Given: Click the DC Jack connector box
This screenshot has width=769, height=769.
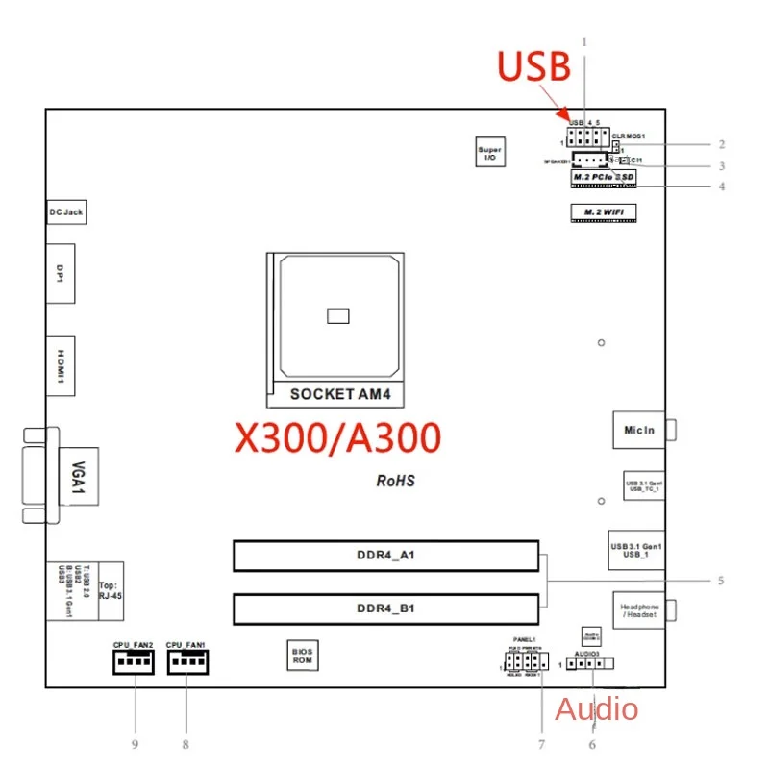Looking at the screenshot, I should (66, 211).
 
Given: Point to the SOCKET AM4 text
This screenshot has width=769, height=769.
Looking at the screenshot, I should (335, 393).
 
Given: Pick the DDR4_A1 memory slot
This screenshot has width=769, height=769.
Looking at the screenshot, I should (385, 556).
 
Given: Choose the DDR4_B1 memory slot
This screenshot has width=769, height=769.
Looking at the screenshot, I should (385, 608).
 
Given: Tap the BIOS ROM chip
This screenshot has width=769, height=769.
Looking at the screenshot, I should (303, 656).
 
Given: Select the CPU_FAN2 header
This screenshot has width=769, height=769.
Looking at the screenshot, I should (133, 660).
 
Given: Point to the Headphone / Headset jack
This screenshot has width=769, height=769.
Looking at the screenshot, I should (638, 610).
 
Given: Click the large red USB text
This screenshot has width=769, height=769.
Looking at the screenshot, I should (534, 66).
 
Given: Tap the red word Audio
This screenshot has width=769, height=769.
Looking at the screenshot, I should (596, 709).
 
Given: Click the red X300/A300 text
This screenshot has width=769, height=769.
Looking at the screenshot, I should (338, 437).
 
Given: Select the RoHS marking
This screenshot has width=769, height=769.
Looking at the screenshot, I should (395, 480).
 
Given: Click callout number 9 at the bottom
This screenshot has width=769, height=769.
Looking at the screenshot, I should (136, 743).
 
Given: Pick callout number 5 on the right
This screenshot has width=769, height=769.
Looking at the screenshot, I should (719, 581).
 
